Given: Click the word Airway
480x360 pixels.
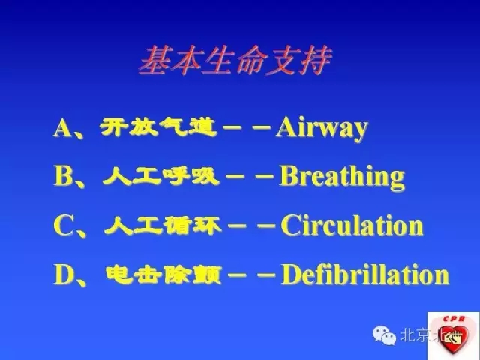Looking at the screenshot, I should click(x=322, y=128).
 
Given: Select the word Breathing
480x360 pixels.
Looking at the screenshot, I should click(x=342, y=177).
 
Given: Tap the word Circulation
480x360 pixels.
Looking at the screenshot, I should click(x=352, y=226).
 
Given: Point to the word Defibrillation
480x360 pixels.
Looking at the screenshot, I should click(x=365, y=274).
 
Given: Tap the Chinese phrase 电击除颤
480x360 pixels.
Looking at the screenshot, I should click(x=165, y=274).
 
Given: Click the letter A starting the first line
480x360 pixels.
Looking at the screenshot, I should click(x=62, y=128).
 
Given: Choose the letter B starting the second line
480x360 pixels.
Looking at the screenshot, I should click(x=62, y=177).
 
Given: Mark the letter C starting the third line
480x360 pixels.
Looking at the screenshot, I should click(x=62, y=226).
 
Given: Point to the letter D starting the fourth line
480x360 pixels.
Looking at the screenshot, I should click(x=62, y=274).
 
